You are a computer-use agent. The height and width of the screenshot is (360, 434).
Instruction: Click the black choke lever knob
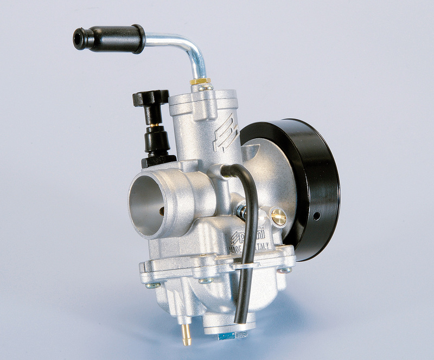click(x=150, y=99)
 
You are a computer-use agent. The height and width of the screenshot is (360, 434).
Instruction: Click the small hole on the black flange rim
click(x=316, y=216)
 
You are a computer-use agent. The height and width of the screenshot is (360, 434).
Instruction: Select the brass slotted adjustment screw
click(x=278, y=216)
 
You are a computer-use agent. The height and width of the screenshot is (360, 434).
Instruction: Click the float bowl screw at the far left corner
click(x=154, y=284)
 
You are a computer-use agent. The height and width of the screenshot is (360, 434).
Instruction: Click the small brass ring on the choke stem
click(x=153, y=125)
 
